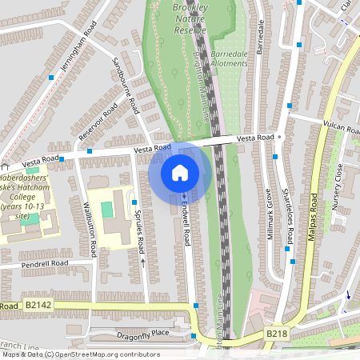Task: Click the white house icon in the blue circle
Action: coord(180,172)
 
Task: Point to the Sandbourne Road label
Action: coord(125,84)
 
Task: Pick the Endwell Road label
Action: coord(186,224)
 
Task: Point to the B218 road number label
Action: coord(276,333)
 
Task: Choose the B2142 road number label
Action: coord(38,306)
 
